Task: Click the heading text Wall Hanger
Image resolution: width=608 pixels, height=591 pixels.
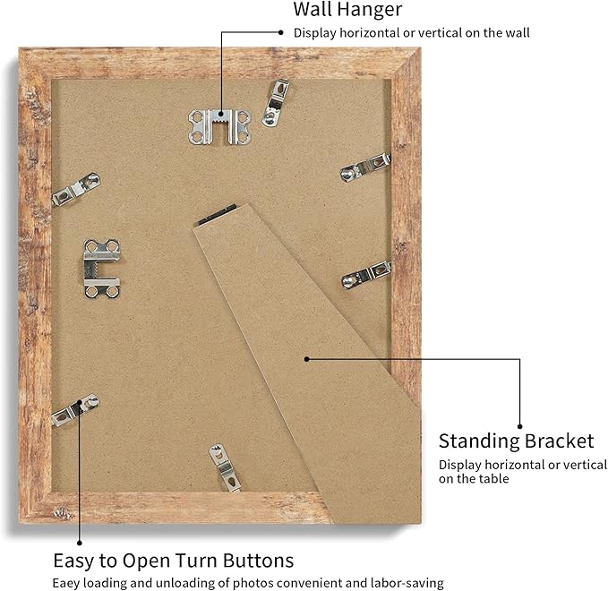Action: tap(347, 9)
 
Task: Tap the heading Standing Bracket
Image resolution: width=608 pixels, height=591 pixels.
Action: tap(516, 441)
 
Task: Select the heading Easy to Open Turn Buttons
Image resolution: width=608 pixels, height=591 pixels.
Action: tap(174, 561)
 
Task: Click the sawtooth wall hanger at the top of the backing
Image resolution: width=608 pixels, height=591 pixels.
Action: tap(220, 127)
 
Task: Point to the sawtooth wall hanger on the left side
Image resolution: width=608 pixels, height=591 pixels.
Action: tap(102, 268)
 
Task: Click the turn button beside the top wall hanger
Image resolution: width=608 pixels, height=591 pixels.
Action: tap(276, 102)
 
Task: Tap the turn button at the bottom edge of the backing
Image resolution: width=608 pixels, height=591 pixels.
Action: tap(225, 468)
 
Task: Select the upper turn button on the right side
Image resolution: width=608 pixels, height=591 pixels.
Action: tap(364, 167)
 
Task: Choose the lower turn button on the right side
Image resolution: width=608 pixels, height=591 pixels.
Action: tap(366, 275)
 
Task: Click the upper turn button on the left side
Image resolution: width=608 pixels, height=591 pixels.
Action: tap(76, 189)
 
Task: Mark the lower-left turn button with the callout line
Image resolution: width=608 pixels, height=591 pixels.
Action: tap(75, 410)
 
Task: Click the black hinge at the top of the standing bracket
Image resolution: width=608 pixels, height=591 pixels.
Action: tap(217, 214)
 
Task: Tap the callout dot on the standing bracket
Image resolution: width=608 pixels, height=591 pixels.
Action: tap(307, 359)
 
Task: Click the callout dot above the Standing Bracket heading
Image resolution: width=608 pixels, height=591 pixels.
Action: tap(520, 426)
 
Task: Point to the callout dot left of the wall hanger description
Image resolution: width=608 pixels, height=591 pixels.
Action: tap(281, 32)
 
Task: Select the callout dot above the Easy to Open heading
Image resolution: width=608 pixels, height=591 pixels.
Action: tap(80, 543)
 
